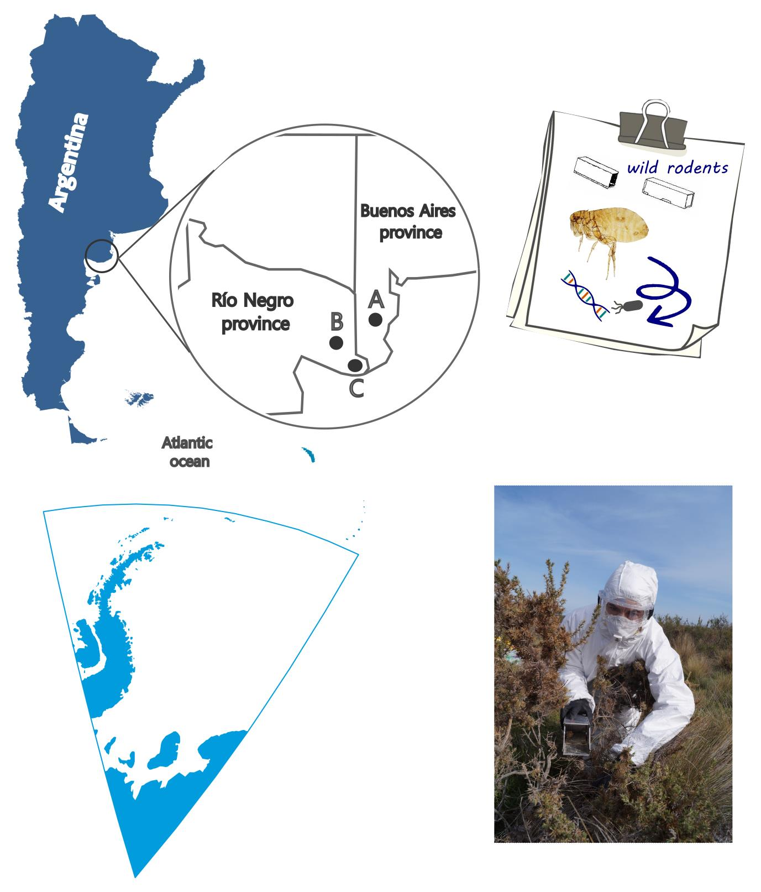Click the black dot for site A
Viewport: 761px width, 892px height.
(x=376, y=320)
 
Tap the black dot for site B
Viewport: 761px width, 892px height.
(x=336, y=343)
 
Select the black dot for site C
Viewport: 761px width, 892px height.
(x=355, y=365)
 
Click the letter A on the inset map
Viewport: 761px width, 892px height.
(x=376, y=300)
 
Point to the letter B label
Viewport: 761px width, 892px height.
(x=337, y=321)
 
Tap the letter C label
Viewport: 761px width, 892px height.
(x=356, y=388)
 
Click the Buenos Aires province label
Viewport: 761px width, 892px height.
(x=408, y=222)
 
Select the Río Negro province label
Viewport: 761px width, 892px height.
(x=253, y=312)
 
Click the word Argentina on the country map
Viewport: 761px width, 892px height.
(x=69, y=162)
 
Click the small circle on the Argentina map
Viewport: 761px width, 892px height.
(x=102, y=256)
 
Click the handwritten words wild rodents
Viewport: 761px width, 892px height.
(x=678, y=168)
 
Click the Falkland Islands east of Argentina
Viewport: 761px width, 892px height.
(x=140, y=398)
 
